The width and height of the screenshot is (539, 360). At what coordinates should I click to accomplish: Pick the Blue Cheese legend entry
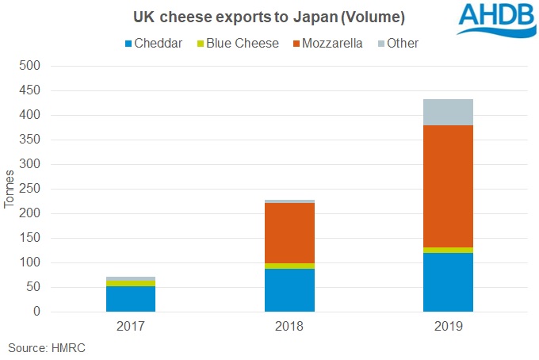point(236,43)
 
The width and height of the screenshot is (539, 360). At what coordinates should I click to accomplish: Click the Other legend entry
point(396,43)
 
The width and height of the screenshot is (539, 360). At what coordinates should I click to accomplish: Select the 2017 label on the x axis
point(130,326)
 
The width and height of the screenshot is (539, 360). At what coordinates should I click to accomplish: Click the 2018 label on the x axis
point(289,326)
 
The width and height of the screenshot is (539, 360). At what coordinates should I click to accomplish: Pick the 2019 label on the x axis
point(448,326)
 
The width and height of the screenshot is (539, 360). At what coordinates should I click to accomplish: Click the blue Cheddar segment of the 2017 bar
point(130,299)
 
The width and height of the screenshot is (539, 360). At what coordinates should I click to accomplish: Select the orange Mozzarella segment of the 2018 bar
point(289,232)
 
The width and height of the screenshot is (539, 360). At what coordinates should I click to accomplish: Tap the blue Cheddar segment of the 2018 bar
point(289,290)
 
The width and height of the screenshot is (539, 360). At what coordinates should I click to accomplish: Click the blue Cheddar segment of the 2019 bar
point(448,282)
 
